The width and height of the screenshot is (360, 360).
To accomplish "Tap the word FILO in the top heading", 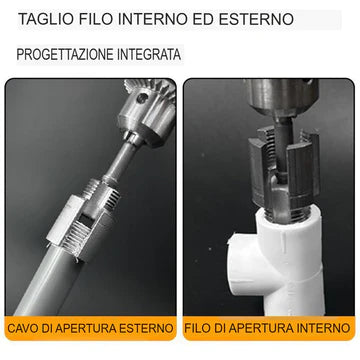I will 96,19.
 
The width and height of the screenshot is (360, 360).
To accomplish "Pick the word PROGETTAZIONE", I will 67,55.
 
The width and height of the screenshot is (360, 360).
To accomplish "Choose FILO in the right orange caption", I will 203,327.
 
